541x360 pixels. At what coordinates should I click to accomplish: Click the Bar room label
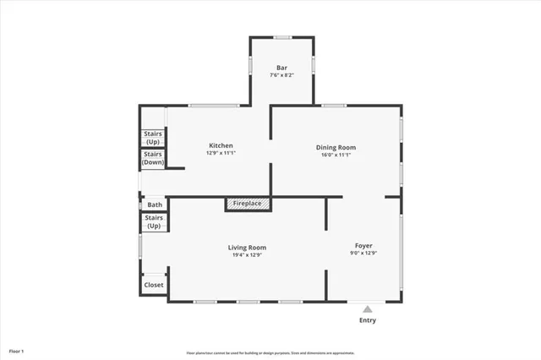pos(282,67)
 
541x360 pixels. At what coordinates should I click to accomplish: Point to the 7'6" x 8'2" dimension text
pos(282,75)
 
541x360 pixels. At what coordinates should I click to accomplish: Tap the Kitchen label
pos(220,145)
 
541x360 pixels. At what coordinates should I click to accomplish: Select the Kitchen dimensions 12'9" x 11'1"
pos(220,154)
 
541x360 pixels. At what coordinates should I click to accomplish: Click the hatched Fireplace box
pos(248,205)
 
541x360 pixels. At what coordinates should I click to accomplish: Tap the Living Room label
pos(247,248)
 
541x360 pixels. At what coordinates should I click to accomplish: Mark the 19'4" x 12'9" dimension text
pos(247,255)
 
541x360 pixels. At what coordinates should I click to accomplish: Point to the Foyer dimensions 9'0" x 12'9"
pos(363,254)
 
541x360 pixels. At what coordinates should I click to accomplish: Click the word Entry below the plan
pos(368,320)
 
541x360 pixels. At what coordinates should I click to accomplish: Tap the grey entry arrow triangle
pos(367,309)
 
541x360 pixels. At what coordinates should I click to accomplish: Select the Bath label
pos(155,205)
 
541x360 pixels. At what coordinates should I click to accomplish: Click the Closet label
pos(154,285)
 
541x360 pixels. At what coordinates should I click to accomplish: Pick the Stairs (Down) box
pos(153,158)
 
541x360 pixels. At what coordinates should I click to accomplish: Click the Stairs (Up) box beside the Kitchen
pos(153,137)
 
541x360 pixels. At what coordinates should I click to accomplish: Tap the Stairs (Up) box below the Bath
pos(154,222)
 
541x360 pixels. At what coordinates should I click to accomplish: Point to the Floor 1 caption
pos(17,350)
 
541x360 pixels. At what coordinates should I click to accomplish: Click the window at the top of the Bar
pos(282,37)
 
